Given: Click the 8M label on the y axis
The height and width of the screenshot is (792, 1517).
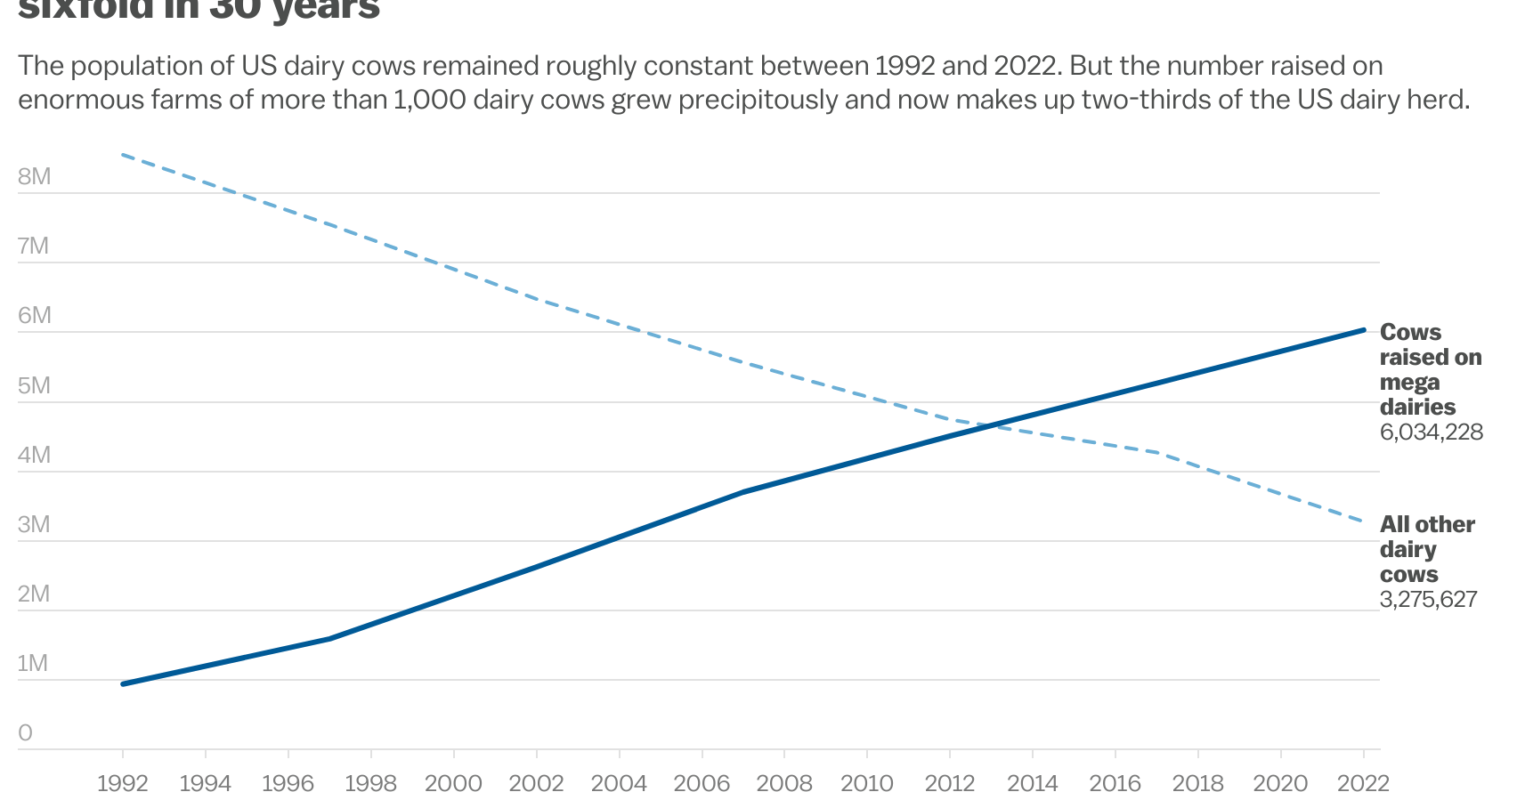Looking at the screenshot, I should pyautogui.click(x=34, y=176).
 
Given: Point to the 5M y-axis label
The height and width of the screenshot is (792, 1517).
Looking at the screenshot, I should pyautogui.click(x=34, y=385).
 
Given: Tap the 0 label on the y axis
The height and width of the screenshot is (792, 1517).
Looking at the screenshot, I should pyautogui.click(x=25, y=732).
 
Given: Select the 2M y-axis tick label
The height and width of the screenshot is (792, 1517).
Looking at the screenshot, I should pyautogui.click(x=34, y=594).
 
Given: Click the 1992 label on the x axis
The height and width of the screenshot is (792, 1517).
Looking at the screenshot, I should pyautogui.click(x=122, y=782).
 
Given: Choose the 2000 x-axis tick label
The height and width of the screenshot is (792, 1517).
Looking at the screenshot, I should pyautogui.click(x=453, y=782).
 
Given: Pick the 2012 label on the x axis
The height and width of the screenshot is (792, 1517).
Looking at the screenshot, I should pyautogui.click(x=950, y=782).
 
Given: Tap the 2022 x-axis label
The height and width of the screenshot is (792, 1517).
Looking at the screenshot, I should pyautogui.click(x=1363, y=782).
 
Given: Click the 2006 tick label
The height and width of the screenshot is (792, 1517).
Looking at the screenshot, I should pyautogui.click(x=702, y=782).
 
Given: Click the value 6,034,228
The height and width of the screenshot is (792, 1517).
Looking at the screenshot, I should pyautogui.click(x=1431, y=432).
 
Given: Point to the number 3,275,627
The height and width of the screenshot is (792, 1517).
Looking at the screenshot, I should pyautogui.click(x=1428, y=599).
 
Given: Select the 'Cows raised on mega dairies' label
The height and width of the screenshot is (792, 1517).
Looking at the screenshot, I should pyautogui.click(x=1430, y=369).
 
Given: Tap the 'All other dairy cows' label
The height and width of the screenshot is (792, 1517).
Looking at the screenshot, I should pyautogui.click(x=1426, y=549).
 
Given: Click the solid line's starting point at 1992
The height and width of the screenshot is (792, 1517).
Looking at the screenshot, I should pyautogui.click(x=123, y=683).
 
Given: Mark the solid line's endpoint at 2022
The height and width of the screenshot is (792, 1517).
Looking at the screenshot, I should pyautogui.click(x=1364, y=330).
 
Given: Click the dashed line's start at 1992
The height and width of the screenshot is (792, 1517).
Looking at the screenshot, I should pyautogui.click(x=123, y=155).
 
